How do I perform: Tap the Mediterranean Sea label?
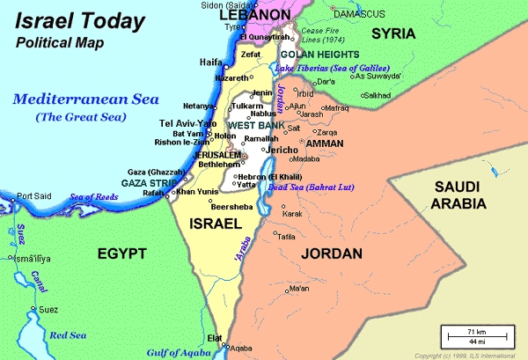pos(84,99)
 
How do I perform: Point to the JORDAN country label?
pos(331,253)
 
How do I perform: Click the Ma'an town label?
pos(299,288)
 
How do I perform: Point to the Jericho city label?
pos(282,151)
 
